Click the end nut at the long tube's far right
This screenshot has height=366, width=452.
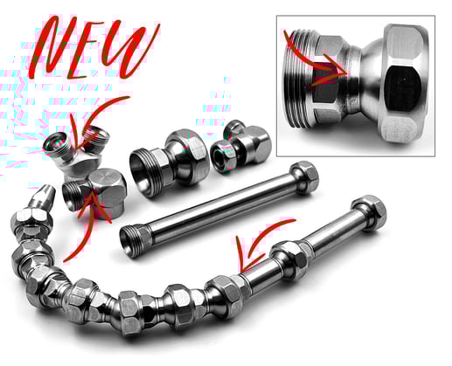click(371, 212)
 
